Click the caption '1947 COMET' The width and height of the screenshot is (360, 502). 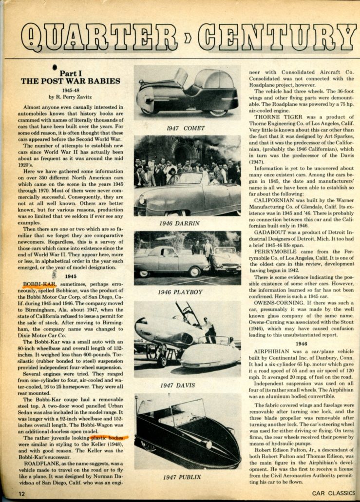click(x=185, y=128)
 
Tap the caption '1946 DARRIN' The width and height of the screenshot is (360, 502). click(x=179, y=224)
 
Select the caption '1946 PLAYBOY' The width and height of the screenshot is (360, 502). click(x=180, y=292)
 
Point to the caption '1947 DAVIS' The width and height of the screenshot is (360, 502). click(x=177, y=386)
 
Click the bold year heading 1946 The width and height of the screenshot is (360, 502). click(x=301, y=343)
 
